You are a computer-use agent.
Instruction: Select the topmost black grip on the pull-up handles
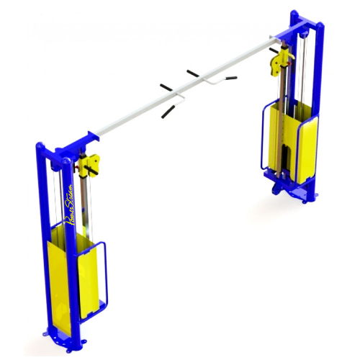pos(194,72)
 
